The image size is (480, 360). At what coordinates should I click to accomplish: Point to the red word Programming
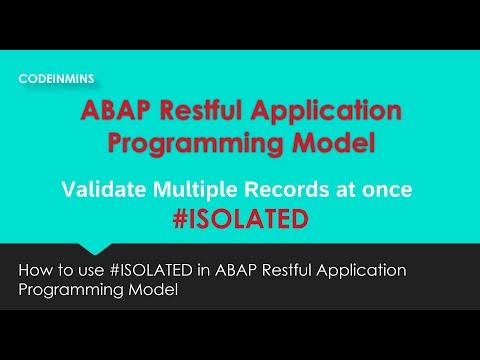192,143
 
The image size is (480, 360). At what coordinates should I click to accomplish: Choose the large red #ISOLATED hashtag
239,216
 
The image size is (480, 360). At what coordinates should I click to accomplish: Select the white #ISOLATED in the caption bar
144,271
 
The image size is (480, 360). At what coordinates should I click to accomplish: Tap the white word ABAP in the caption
218,271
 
